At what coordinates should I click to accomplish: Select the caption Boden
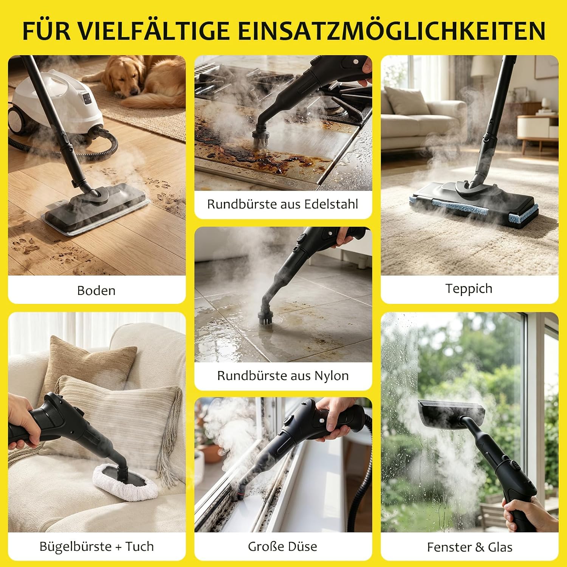pos(96,290)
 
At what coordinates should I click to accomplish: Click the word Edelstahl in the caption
pos(331,204)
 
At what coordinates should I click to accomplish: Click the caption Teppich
pos(469,288)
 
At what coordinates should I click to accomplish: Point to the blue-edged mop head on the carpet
pos(474,205)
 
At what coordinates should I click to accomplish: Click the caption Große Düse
pos(282,547)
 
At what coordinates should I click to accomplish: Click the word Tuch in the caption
pos(139,547)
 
